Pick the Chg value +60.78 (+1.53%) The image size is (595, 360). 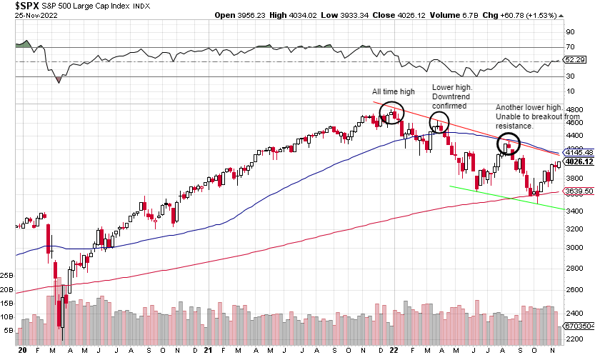tap(554, 6)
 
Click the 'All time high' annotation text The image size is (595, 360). tap(393, 92)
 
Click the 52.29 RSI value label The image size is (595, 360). tap(574, 60)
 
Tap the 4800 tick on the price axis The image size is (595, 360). tap(574, 110)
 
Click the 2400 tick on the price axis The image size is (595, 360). tap(574, 313)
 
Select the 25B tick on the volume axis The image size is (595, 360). tap(6, 275)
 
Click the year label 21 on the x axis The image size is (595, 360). tap(208, 351)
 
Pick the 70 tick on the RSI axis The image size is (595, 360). tap(570, 47)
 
